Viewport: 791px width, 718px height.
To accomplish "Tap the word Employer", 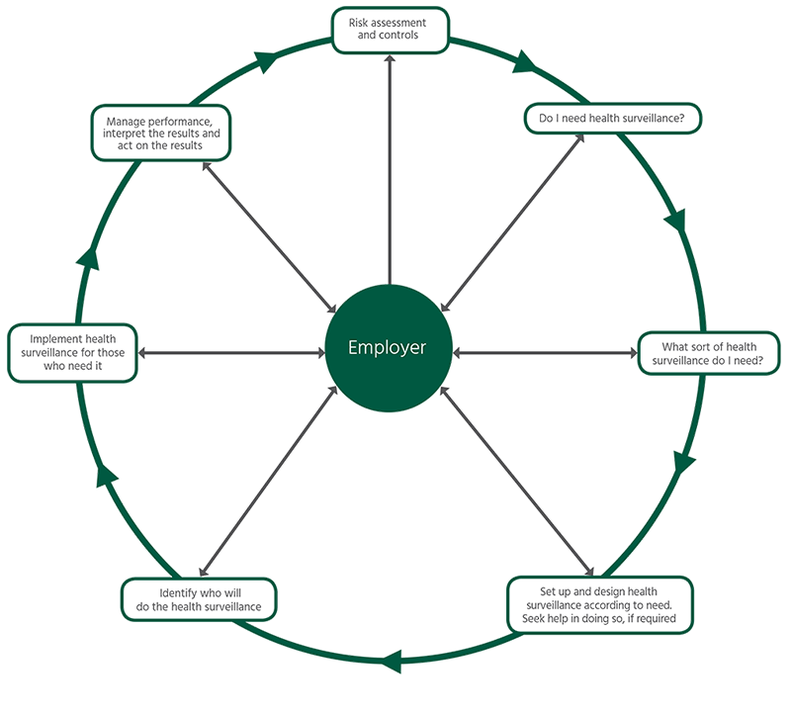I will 388,348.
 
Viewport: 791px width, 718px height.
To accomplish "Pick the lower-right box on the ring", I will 599,602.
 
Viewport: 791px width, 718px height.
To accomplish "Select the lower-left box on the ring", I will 199,599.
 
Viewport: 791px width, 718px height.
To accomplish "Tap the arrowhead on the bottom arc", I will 394,660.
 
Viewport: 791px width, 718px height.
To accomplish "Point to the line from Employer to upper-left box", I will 267,237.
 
